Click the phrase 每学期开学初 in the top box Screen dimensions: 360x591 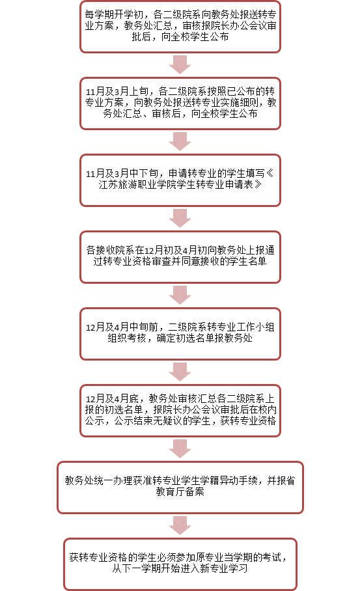[114, 14]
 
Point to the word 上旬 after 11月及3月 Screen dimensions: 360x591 [139, 91]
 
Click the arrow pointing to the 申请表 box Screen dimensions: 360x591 [180, 142]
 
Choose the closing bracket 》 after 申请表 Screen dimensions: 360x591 [258, 185]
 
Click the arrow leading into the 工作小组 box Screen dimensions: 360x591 [180, 295]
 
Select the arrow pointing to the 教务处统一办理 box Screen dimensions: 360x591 [180, 448]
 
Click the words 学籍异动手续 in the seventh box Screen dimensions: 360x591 [228, 480]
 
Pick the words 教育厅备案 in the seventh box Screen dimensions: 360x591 [180, 492]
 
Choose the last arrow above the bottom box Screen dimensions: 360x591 [180, 525]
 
